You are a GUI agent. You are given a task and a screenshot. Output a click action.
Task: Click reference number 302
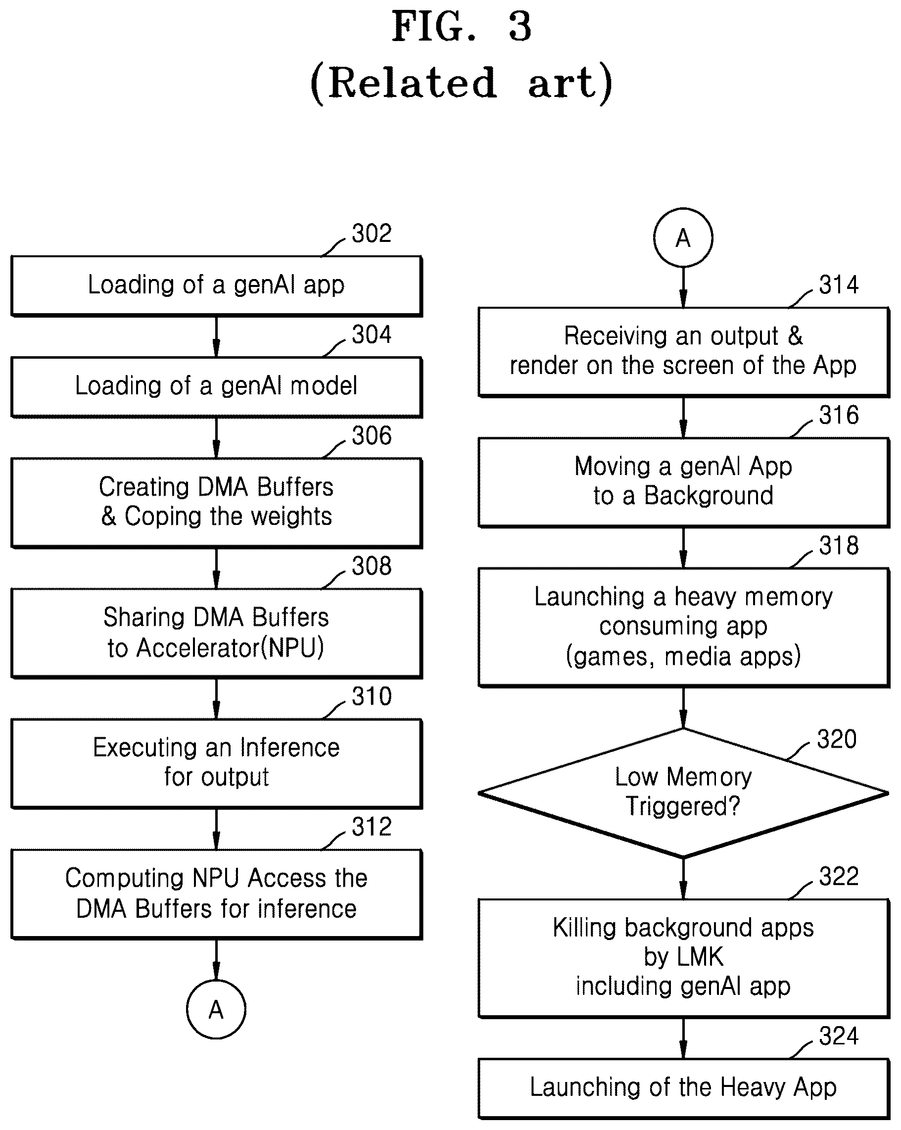[372, 233]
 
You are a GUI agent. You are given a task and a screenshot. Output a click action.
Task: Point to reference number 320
[837, 739]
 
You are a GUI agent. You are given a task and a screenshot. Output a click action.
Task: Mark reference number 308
[372, 566]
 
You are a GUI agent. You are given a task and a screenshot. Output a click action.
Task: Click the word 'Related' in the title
[413, 83]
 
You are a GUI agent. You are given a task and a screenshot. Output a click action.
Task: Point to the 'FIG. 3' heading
[462, 27]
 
